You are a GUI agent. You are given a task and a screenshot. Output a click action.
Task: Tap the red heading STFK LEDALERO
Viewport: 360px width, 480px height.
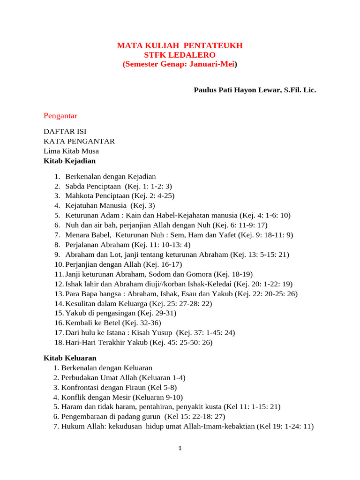click(180, 55)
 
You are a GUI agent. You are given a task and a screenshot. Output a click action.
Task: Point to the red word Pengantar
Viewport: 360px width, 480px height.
click(60, 116)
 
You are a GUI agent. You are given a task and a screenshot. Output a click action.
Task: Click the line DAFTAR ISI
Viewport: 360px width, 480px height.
click(65, 131)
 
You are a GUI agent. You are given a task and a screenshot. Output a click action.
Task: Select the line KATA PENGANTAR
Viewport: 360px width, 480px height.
click(79, 141)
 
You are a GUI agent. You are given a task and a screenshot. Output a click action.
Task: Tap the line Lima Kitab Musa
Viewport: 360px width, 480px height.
click(71, 151)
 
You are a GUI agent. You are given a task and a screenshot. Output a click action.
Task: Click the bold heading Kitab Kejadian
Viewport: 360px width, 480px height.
click(69, 161)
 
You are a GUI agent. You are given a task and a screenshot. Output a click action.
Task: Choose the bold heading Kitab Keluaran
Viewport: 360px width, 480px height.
click(70, 358)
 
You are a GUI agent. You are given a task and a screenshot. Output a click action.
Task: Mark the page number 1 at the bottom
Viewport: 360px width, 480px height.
click(180, 449)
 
